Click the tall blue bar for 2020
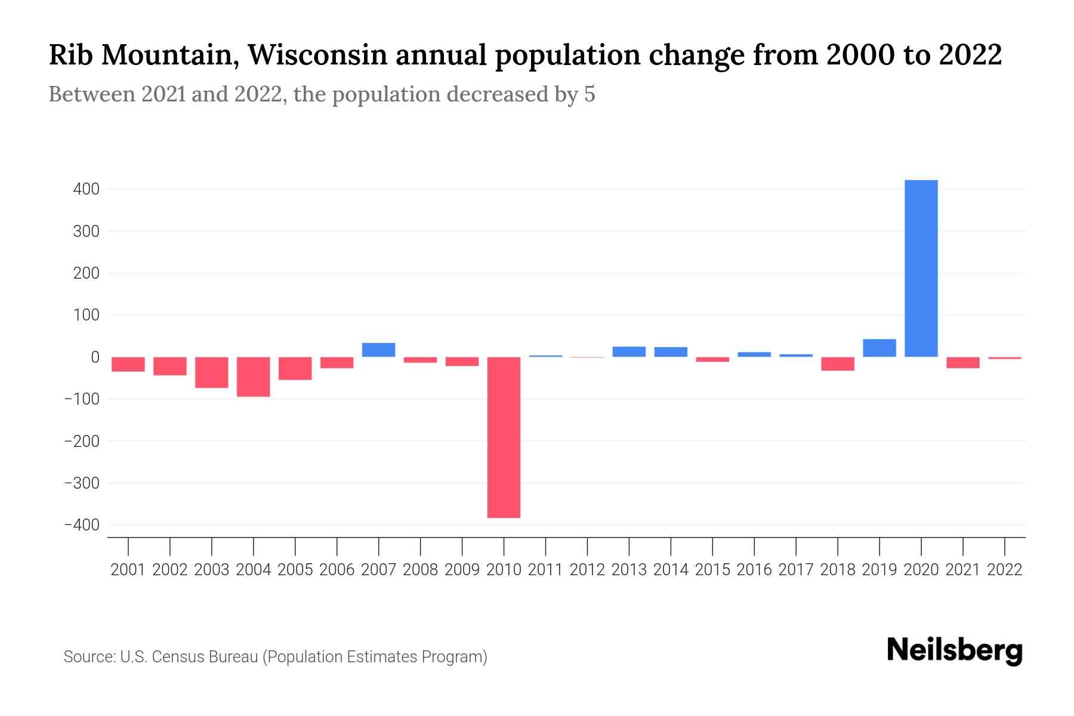click(921, 268)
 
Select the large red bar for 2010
click(504, 437)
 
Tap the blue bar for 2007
click(378, 350)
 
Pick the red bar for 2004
click(254, 376)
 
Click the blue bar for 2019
click(879, 348)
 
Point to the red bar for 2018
click(838, 364)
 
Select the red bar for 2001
click(128, 365)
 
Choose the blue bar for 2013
click(629, 351)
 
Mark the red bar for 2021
click(963, 363)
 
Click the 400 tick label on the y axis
click(86, 189)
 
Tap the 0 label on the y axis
click(94, 357)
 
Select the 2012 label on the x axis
click(587, 570)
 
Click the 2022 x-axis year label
click(1005, 570)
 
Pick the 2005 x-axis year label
click(295, 570)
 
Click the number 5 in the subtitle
click(590, 94)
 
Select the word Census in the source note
click(177, 657)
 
